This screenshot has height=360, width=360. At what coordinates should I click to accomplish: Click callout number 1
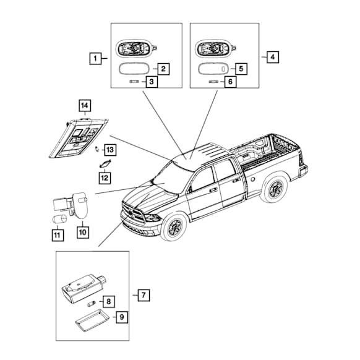point(95,59)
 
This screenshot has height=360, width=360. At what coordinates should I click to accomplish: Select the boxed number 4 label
point(273,57)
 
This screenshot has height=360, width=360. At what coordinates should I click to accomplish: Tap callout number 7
point(144,295)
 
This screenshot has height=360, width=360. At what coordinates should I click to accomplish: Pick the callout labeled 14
point(85,105)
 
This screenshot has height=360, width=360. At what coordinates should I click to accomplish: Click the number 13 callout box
point(110,150)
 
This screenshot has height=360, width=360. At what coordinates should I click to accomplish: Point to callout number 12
point(105,178)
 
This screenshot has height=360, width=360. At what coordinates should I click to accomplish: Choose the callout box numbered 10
point(83,232)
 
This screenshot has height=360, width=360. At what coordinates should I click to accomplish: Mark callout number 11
point(58,235)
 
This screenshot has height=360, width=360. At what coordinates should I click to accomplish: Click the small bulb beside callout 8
point(91,305)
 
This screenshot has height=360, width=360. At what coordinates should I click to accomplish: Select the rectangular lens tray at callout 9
point(92,320)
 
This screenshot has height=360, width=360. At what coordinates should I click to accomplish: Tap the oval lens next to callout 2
point(134,69)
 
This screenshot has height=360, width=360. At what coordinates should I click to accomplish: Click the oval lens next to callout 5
point(213,69)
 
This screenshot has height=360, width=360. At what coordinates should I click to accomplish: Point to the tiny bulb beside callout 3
point(134,82)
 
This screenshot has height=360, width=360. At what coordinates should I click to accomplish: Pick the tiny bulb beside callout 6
point(213,82)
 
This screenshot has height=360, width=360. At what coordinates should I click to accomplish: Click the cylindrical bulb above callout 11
point(59,218)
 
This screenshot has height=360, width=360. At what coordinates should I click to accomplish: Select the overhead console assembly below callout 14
point(79,138)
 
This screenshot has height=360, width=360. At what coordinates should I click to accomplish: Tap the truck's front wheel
point(174,227)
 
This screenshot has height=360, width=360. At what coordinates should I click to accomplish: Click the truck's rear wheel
point(275,189)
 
